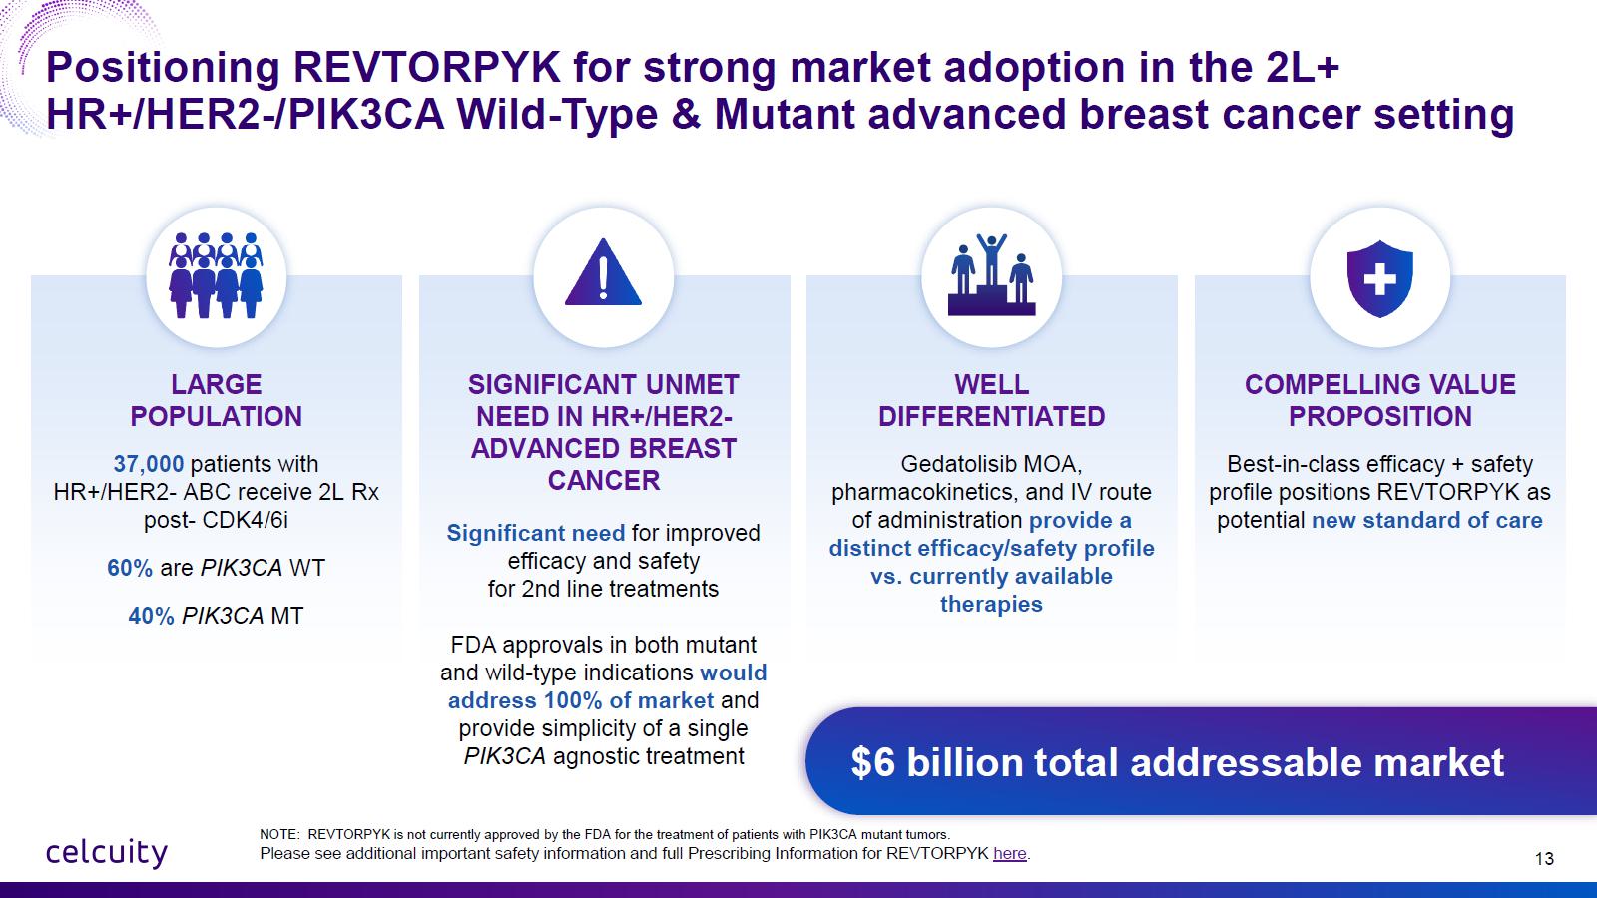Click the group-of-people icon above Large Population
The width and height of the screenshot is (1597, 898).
(216, 275)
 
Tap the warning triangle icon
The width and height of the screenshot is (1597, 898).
(603, 272)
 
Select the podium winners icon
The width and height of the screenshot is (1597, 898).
(991, 275)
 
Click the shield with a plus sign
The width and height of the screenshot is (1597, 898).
(1379, 278)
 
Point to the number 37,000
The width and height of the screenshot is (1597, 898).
(149, 464)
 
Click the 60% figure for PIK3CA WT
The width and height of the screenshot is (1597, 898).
(130, 568)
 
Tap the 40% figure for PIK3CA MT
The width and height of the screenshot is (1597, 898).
(151, 616)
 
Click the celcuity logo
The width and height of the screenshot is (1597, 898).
(107, 852)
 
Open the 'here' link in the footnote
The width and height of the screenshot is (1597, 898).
(1009, 853)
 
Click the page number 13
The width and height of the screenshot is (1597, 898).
(1544, 859)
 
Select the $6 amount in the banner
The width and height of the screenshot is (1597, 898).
(872, 762)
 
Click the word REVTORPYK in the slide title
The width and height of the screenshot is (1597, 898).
(426, 67)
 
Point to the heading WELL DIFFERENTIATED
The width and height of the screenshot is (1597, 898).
(991, 400)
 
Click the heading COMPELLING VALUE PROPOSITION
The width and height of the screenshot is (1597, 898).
(1379, 400)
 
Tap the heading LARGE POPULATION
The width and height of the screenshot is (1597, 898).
(216, 400)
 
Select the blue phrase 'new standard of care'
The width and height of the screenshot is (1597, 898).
(1426, 520)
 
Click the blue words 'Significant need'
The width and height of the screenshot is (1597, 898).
(535, 533)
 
